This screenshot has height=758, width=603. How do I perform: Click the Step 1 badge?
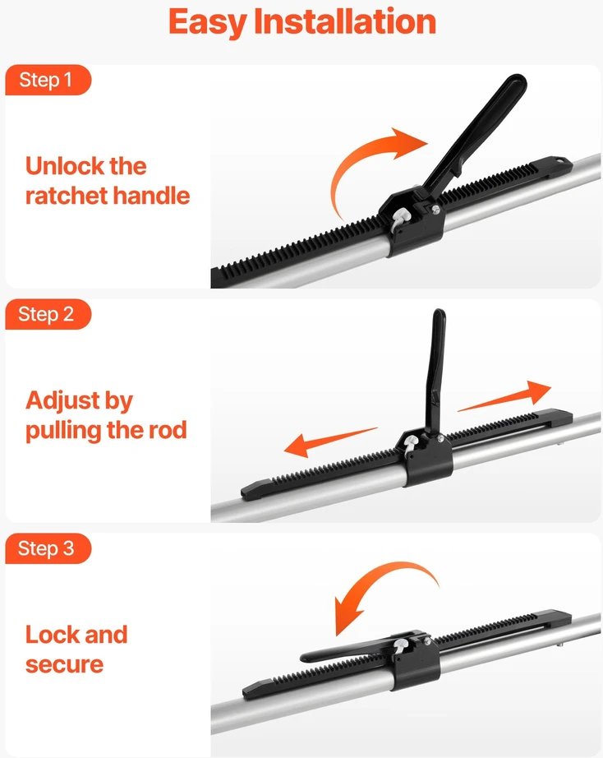point(48,80)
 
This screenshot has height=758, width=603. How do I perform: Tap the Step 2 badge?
point(48,314)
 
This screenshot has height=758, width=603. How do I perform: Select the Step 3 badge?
point(48,548)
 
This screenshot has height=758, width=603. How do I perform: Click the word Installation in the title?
point(345,21)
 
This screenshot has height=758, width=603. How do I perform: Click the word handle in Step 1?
point(151,196)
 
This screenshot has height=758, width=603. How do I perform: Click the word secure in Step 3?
point(64,665)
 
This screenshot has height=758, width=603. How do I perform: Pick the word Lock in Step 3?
point(51,634)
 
